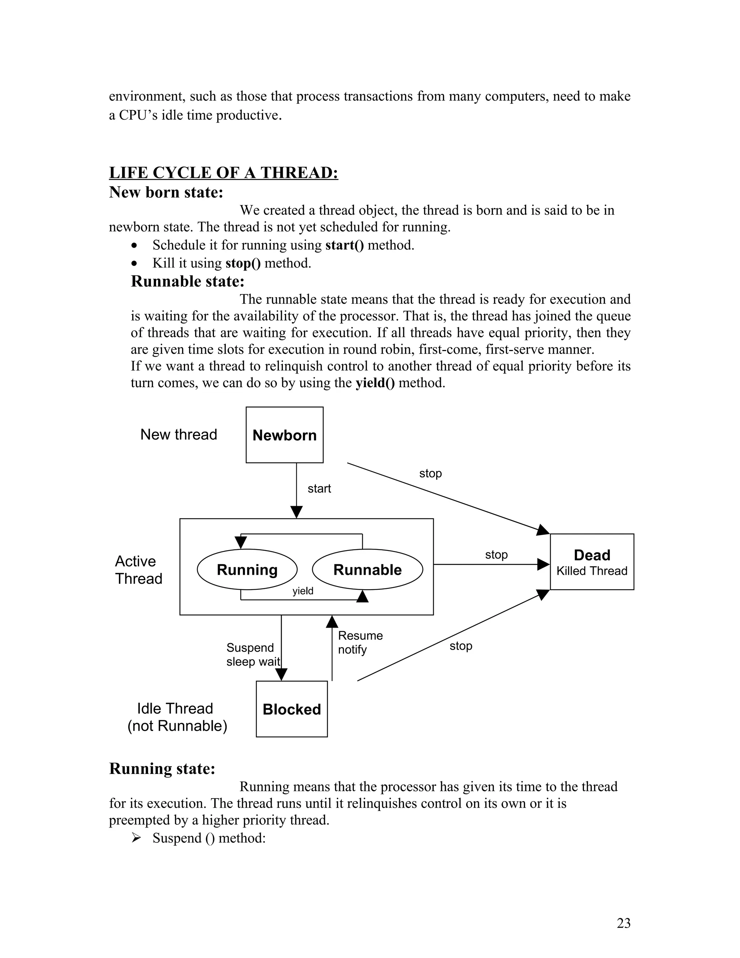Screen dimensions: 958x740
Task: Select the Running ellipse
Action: coord(247,569)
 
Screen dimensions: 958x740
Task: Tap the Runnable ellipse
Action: coord(367,569)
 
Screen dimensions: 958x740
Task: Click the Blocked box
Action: coord(292,709)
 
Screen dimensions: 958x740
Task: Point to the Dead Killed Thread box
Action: coord(592,562)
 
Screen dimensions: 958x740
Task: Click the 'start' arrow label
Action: coord(319,489)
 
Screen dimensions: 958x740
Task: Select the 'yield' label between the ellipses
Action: coord(303,591)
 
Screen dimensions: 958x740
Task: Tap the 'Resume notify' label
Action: coord(360,642)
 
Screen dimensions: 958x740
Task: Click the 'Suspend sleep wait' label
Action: coord(253,654)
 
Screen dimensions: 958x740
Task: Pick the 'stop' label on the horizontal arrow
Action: coord(496,555)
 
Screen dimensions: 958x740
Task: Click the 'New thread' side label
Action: coord(178,434)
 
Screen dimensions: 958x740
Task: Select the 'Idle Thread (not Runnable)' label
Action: coord(177,717)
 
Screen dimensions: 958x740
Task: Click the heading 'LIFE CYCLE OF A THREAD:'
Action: coord(224,173)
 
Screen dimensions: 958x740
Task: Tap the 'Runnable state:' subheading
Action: coord(188,281)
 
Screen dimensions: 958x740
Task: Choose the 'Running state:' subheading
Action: coord(162,769)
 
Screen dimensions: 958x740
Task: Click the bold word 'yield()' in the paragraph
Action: coord(375,383)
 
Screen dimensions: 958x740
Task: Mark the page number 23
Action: coord(623,923)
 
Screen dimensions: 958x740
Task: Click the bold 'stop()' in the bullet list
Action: coord(243,263)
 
